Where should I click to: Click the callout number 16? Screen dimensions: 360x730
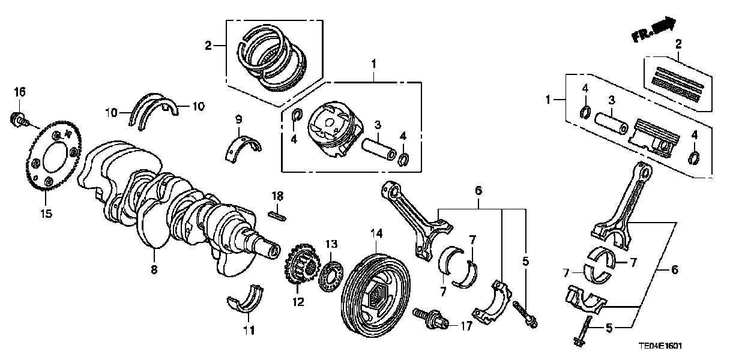click(20, 92)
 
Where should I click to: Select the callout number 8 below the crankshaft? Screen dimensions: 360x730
click(154, 271)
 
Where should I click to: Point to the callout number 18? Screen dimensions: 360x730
click(277, 197)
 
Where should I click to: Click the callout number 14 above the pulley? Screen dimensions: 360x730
click(376, 233)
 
